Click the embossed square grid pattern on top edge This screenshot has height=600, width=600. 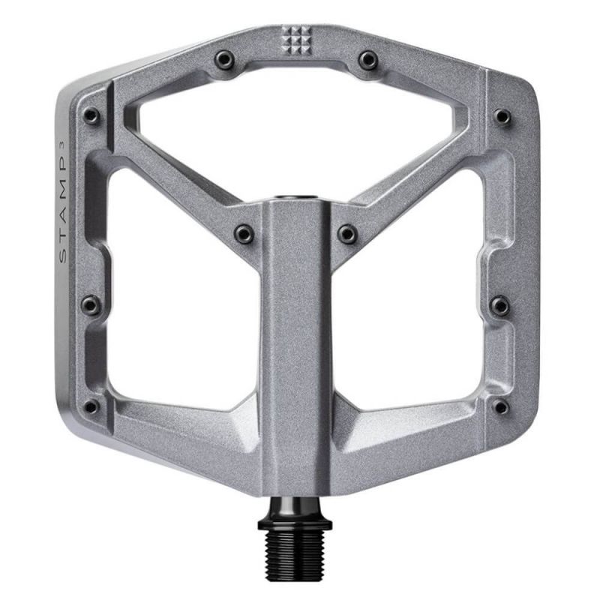pyautogui.click(x=297, y=35)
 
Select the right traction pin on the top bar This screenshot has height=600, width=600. pyautogui.click(x=367, y=58)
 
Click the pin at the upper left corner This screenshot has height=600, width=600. pyautogui.click(x=91, y=116)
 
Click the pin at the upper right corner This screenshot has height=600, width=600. pyautogui.click(x=502, y=116)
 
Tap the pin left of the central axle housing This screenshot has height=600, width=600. pyautogui.click(x=243, y=234)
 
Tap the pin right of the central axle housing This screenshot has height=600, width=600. pyautogui.click(x=346, y=234)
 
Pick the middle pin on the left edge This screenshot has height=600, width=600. pyautogui.click(x=90, y=304)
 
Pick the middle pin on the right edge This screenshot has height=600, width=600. pyautogui.click(x=500, y=304)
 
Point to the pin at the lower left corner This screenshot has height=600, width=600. pyautogui.click(x=91, y=406)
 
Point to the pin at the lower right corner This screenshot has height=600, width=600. pyautogui.click(x=500, y=406)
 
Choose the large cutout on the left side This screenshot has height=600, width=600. pyautogui.click(x=176, y=300)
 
